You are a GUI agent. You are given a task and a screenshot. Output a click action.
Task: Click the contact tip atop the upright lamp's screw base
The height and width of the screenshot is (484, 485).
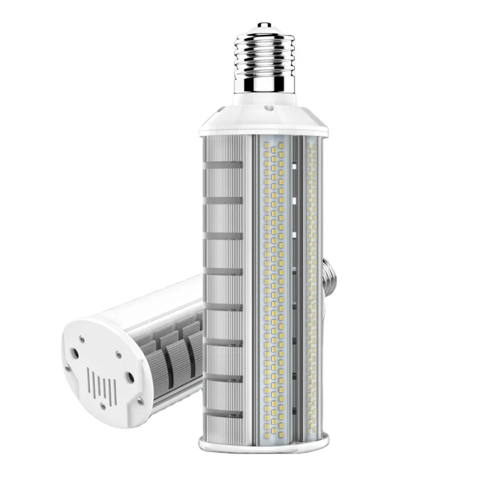point(264,27)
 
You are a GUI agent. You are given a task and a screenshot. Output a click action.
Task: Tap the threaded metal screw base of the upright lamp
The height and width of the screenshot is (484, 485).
point(264,54)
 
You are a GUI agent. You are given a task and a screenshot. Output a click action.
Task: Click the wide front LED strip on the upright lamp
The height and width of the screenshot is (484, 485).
point(277,286)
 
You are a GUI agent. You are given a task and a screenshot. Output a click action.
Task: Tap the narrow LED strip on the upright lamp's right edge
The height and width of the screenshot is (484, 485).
point(312,286)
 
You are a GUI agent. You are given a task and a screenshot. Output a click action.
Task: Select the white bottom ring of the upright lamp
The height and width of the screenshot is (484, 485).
point(264,442)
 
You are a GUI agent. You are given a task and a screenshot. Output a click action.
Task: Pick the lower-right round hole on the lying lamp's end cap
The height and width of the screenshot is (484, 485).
point(130,379)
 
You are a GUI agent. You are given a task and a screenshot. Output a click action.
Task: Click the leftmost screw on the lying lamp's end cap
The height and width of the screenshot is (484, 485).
point(69,367)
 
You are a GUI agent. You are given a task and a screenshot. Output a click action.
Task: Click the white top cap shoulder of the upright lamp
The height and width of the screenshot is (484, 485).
point(264,121)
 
